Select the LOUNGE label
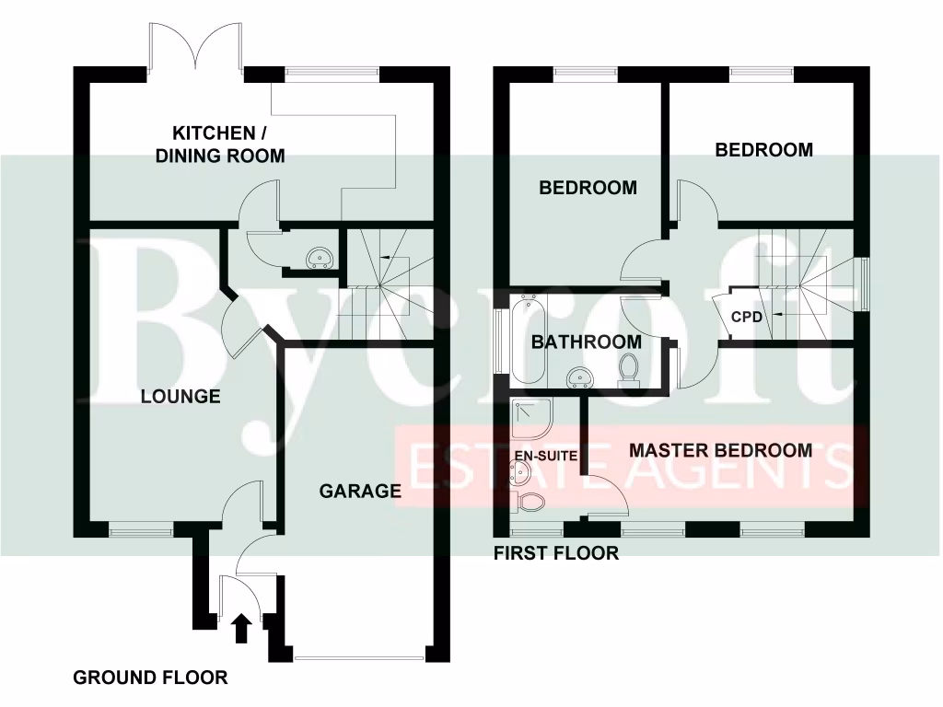(180, 397)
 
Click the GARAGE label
(360, 491)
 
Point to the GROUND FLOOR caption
(150, 678)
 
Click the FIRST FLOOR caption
(556, 553)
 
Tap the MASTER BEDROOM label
(720, 450)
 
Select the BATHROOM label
(586, 342)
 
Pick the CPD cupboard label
(745, 317)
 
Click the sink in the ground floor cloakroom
(319, 256)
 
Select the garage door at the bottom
(360, 657)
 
